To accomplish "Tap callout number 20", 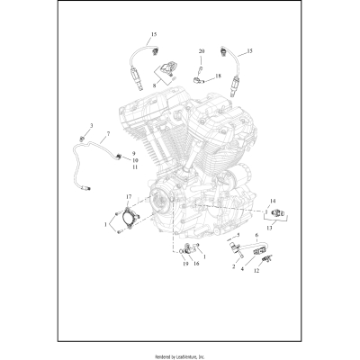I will click(202, 51).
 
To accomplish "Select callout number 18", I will click(218, 76).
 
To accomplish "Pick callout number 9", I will click(135, 154).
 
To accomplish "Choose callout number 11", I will click(135, 168).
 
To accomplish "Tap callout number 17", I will click(129, 196).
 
